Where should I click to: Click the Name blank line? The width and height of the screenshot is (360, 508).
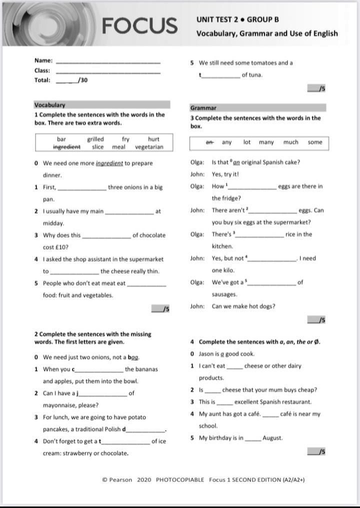point(108,62)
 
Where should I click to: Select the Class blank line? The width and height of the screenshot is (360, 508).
point(108,72)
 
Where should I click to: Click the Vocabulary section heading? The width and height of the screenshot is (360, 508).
point(49,105)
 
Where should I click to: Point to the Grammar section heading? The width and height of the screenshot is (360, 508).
point(203,108)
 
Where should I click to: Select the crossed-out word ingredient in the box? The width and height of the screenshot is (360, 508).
point(66,147)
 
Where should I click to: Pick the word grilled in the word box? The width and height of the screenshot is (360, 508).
point(95,139)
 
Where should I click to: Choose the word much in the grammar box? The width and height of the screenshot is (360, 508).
point(290,142)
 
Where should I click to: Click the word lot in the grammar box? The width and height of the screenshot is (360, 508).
point(247,142)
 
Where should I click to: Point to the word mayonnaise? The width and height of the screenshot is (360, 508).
point(63,405)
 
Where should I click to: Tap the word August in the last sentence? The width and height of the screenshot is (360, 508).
point(272,438)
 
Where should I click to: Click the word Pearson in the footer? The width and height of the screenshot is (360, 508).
point(120,479)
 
